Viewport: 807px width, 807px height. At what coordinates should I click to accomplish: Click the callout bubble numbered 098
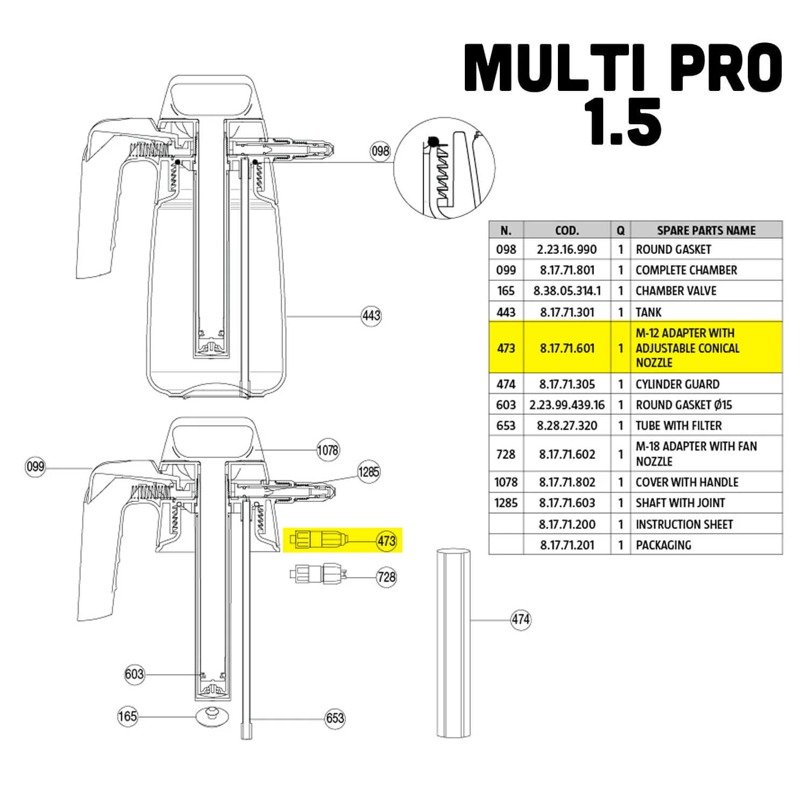coord(380,151)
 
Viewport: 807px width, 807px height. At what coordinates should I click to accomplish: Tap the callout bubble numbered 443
coord(371,315)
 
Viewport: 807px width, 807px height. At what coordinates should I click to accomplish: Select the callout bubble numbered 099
coord(36,466)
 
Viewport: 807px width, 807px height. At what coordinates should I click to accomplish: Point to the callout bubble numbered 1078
coord(328,450)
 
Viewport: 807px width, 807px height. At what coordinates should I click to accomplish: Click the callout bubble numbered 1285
coord(369,472)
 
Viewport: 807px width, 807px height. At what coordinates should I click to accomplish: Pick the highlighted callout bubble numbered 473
coord(387,541)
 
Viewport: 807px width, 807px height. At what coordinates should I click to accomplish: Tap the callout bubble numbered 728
coord(387,577)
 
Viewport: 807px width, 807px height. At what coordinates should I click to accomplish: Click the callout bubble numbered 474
coord(521,620)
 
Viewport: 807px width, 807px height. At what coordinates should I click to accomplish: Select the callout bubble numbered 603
coord(134,674)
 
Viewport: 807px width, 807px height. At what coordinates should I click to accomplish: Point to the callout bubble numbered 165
coord(128,717)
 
